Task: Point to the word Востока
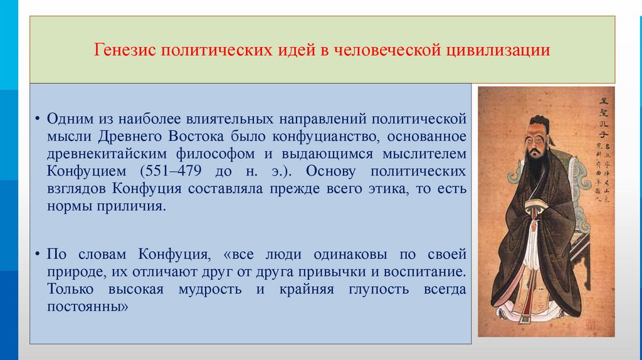(x=195, y=136)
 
